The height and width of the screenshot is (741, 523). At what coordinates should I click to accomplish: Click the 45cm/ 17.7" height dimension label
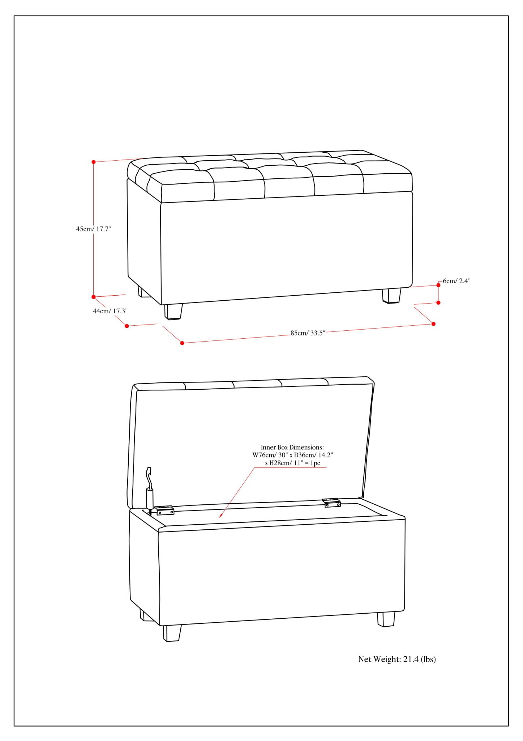[93, 229]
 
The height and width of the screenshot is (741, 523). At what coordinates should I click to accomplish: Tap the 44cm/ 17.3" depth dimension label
[110, 311]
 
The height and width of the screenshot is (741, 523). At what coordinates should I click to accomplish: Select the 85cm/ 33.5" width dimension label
[308, 333]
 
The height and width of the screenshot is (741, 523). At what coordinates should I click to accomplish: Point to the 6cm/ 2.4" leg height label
[456, 281]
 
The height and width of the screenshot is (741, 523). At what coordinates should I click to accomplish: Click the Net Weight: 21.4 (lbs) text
[397, 659]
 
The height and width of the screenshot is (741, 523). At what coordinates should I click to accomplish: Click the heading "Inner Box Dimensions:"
[292, 447]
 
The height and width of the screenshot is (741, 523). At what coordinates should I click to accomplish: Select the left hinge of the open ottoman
[164, 510]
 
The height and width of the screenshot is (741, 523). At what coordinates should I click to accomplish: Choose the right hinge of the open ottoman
[332, 503]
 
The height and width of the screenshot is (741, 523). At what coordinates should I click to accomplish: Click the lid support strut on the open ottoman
[149, 492]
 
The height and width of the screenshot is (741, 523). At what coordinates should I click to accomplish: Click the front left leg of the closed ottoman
[173, 312]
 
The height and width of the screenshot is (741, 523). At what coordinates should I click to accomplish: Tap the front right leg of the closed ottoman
[391, 295]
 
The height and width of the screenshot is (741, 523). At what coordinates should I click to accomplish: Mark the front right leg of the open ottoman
[386, 619]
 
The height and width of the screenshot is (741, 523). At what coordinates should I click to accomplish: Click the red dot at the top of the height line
[94, 162]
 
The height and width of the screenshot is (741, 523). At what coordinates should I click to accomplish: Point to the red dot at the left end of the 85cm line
[182, 343]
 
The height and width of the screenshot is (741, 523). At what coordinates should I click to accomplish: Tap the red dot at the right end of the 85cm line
[434, 324]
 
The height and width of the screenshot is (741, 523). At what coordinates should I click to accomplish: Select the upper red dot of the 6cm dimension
[438, 285]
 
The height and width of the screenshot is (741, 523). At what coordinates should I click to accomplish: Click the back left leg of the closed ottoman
[143, 292]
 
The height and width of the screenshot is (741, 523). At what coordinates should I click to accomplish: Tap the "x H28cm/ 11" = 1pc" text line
[292, 463]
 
